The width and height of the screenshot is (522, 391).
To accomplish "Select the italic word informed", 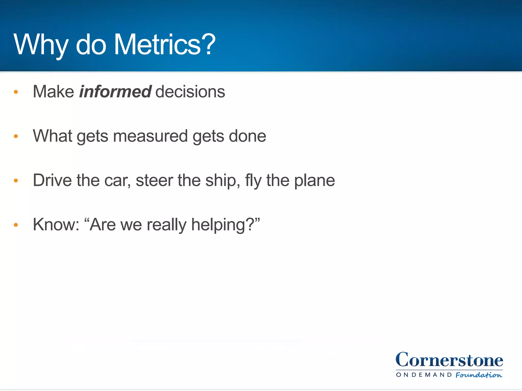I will [115, 92].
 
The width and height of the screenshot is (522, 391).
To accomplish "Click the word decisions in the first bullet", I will [190, 92].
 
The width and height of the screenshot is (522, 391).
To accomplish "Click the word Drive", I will [52, 180].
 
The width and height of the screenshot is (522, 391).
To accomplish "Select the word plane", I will [314, 180].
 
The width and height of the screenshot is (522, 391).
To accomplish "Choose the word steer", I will [154, 180].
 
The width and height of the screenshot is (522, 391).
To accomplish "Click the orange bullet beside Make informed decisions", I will [16, 92].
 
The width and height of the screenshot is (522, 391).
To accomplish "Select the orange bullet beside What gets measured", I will [16, 136].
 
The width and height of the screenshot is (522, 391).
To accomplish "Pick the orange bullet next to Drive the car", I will [16, 180].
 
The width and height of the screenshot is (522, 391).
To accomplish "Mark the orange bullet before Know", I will [16, 225].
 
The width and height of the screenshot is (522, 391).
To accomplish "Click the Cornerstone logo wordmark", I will [449, 360].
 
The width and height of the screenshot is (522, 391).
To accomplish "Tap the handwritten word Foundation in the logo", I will [479, 375].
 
